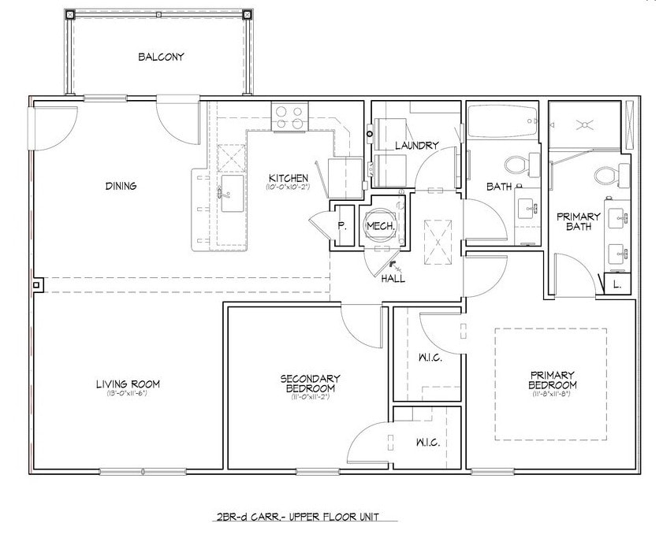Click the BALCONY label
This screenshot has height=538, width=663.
pos(161,57)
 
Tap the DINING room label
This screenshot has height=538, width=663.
pos(121,186)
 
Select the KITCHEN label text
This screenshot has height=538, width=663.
pos(281,178)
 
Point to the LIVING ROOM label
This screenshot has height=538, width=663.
pos(128,384)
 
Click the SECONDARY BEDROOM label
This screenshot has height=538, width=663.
pos(310,383)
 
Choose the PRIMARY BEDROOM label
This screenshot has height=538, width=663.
pos(552,380)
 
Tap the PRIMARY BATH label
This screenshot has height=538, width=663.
pos(579,221)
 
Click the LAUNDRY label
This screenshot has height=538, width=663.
pos(415,145)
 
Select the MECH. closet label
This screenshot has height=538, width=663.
pos(380,226)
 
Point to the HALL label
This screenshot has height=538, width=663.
pos(393,279)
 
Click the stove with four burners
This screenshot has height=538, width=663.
pos(289,117)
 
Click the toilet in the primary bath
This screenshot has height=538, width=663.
pos(607,173)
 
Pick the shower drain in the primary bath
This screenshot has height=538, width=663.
pos(587,124)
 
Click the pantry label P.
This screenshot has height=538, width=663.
pos(342,225)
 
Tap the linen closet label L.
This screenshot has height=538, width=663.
pos(617,284)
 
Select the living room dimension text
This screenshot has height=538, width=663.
pos(128,393)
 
